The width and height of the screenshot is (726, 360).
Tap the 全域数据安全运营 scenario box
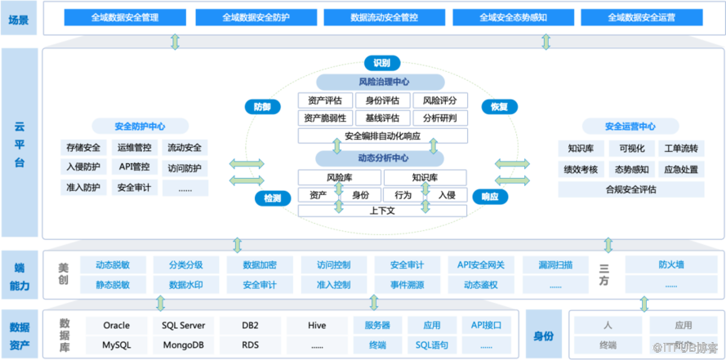(641, 16)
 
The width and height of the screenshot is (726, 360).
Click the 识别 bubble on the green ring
(381, 63)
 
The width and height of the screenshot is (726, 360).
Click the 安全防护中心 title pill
(140, 127)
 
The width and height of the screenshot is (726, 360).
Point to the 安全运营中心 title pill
(630, 127)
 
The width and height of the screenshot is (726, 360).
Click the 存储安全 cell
(83, 148)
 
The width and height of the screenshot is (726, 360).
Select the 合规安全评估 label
(630, 189)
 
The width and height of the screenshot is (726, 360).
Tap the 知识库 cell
(581, 148)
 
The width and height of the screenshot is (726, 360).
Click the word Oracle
(116, 325)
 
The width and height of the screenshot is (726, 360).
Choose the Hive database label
(317, 325)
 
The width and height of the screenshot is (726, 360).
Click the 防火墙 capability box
(671, 264)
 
